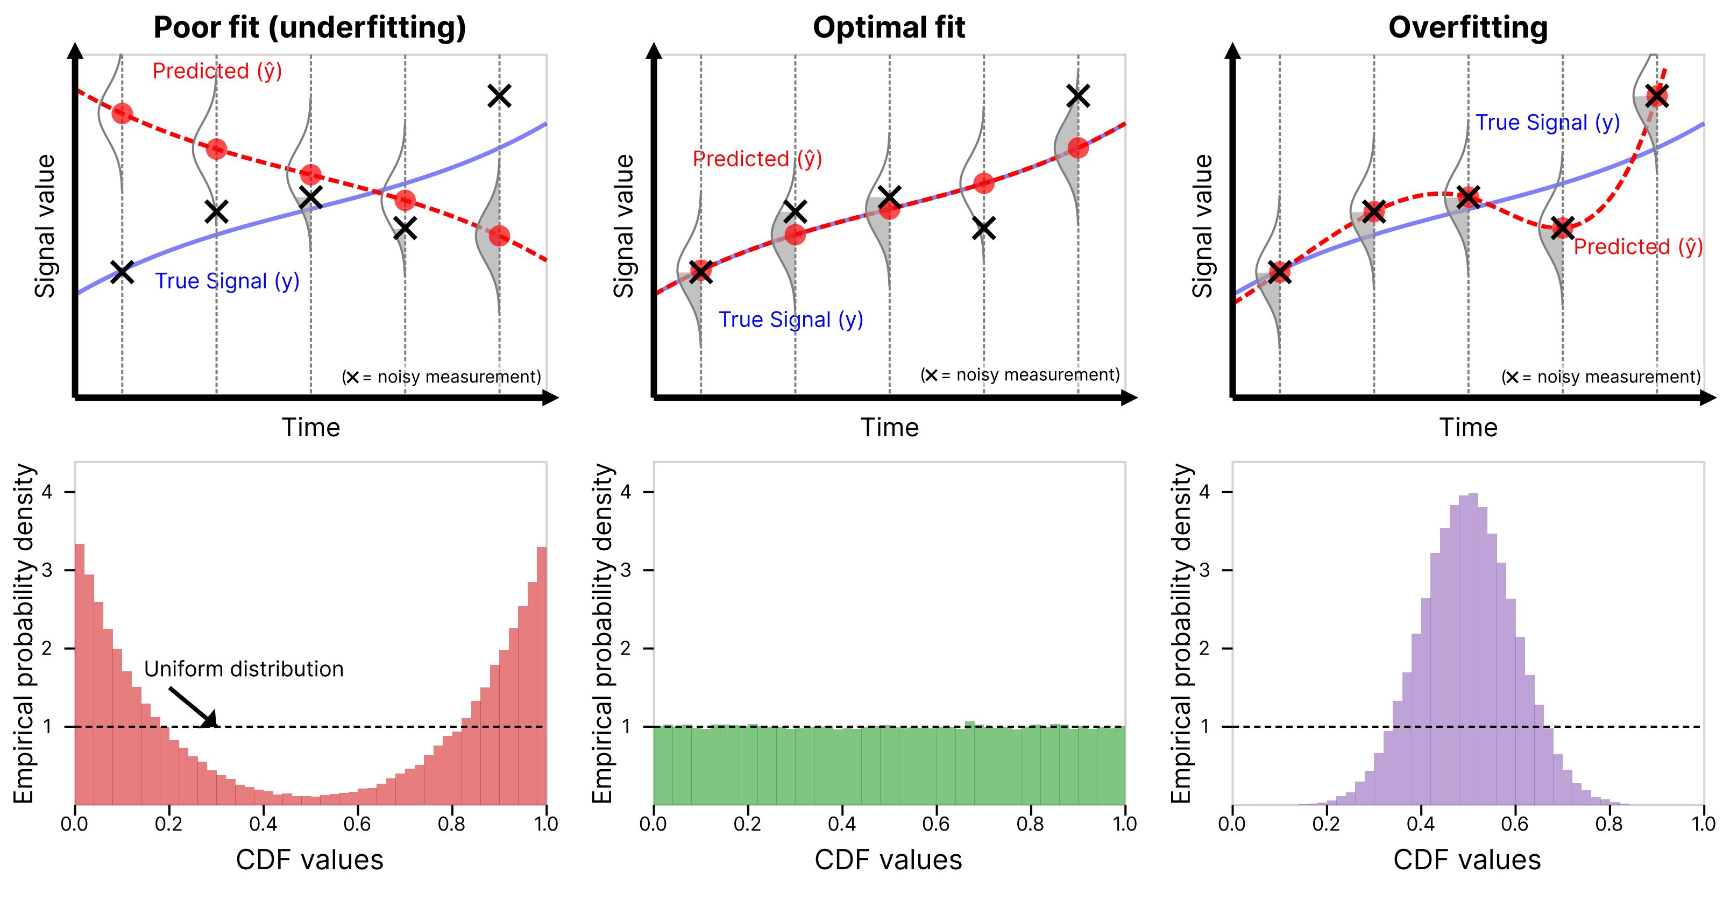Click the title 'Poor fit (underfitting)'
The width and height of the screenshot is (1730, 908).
310,28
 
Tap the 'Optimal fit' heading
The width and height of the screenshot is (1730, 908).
889,28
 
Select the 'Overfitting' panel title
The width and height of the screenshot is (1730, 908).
1467,28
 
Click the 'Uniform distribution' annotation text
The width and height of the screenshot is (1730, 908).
244,669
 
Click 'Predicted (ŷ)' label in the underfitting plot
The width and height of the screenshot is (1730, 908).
217,71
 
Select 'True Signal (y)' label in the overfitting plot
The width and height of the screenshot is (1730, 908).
1547,123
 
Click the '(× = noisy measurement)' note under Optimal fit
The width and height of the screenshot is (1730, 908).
1020,375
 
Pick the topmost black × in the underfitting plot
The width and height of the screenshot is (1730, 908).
499,96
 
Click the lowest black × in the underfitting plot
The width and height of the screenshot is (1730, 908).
122,272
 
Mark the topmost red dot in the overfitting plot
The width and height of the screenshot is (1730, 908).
1657,96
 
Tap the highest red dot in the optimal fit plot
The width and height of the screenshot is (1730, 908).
1078,148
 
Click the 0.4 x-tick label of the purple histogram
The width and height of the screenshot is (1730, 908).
1420,824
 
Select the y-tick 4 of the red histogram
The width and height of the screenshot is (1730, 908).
47,492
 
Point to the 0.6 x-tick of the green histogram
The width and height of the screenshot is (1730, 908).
935,824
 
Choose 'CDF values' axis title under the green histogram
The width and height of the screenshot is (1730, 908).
889,860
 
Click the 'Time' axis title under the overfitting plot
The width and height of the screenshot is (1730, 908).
1468,428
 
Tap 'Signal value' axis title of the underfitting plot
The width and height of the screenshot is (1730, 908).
45,226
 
